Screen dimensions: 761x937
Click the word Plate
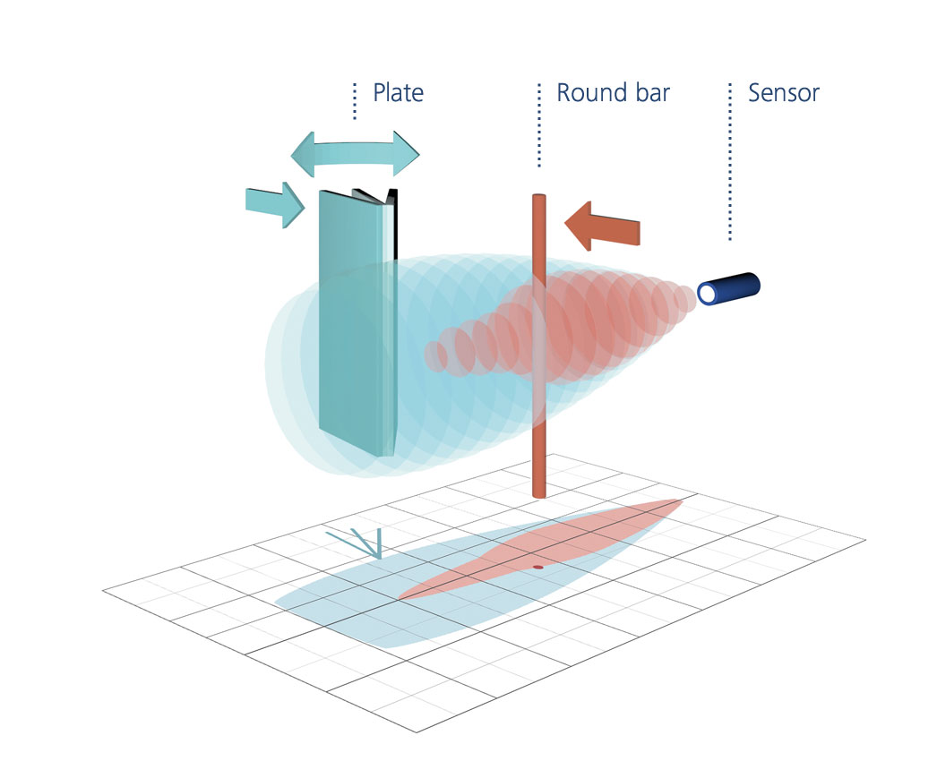[398, 93]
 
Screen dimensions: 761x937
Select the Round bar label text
[613, 93]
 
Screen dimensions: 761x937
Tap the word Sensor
[784, 93]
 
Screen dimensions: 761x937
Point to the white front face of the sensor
[709, 295]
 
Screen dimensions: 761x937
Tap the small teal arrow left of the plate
[274, 204]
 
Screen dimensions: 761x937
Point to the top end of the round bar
[538, 199]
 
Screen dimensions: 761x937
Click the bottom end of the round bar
[538, 492]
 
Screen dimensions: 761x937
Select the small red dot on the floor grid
[537, 567]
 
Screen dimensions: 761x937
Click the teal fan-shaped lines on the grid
[363, 543]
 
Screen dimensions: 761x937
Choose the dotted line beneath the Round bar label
[538, 125]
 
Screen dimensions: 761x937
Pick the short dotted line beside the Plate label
[355, 101]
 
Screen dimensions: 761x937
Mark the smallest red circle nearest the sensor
[685, 301]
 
